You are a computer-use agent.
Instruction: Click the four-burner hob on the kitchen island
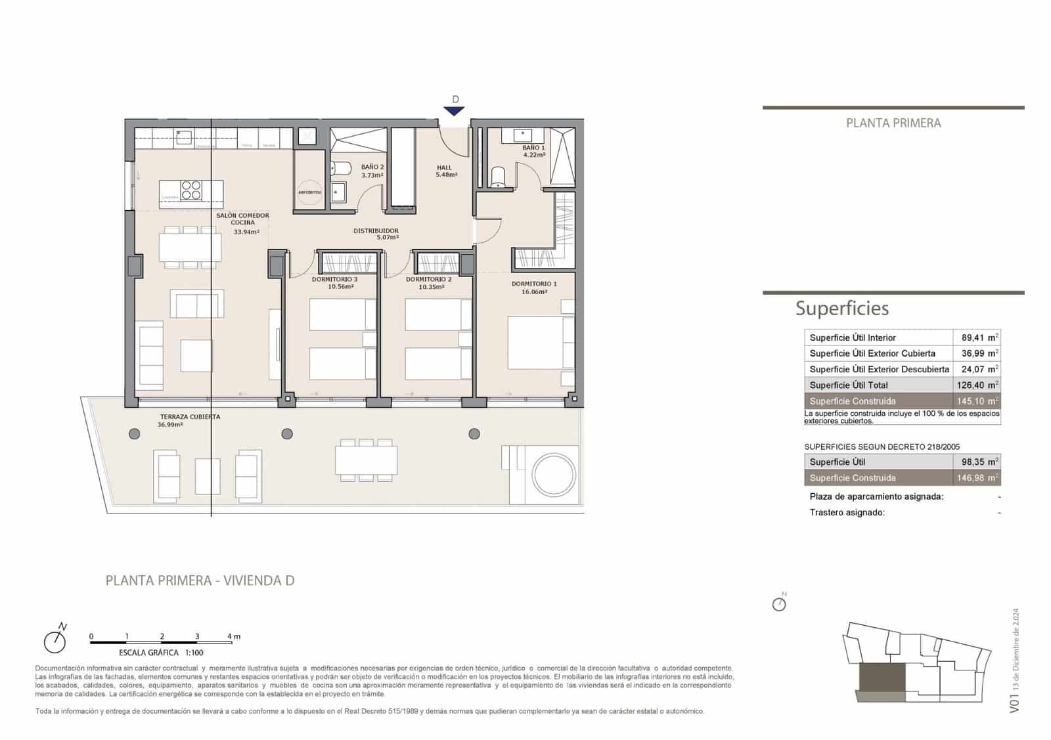pos(191,190)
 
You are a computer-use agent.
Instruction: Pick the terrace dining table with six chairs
pos(366,460)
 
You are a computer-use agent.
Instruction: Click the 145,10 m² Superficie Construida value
pos(977,401)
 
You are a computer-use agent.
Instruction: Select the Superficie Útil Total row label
pos(848,385)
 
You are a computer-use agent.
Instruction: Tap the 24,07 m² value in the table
pos(977,369)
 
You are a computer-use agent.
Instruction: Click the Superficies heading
pos(841,309)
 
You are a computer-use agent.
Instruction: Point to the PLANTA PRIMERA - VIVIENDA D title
pos(200,580)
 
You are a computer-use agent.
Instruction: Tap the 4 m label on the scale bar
pos(234,636)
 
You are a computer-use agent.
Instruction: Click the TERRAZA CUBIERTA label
pos(190,417)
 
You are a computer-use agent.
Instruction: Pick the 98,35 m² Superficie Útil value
pos(977,462)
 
